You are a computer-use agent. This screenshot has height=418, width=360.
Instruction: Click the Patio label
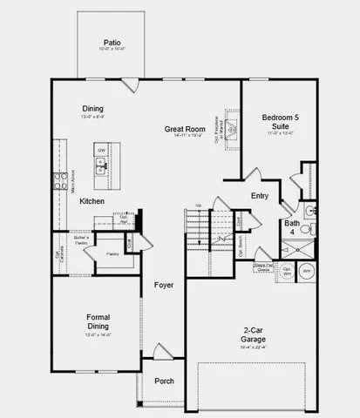(112, 42)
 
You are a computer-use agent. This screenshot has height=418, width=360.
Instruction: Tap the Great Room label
(185, 130)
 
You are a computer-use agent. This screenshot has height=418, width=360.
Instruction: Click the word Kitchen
(92, 201)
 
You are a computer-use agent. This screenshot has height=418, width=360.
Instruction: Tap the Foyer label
(163, 285)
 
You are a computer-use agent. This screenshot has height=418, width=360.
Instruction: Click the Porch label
(163, 381)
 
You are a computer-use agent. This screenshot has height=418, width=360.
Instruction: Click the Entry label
(260, 196)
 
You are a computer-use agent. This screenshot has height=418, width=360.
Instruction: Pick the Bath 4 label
(291, 227)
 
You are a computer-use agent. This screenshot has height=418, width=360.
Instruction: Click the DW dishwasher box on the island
(101, 151)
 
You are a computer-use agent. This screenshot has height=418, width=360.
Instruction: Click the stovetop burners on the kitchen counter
(60, 181)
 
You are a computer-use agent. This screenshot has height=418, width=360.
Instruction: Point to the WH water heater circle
(306, 272)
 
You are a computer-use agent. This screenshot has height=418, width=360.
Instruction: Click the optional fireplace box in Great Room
(231, 129)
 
